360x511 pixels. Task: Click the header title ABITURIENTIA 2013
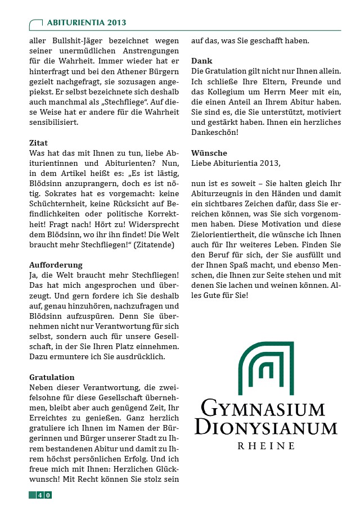pos(86,23)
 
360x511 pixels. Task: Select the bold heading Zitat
pos(38,143)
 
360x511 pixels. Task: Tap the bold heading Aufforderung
pos(56,265)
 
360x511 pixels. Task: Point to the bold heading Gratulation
pos(52,377)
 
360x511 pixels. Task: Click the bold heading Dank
pos(201,61)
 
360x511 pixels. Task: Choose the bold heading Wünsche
pos(209,153)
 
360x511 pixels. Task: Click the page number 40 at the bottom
pos(44,495)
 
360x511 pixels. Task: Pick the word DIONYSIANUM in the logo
pos(265,428)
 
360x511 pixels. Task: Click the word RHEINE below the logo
pos(266,446)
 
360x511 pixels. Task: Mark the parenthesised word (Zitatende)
pos(152,245)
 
